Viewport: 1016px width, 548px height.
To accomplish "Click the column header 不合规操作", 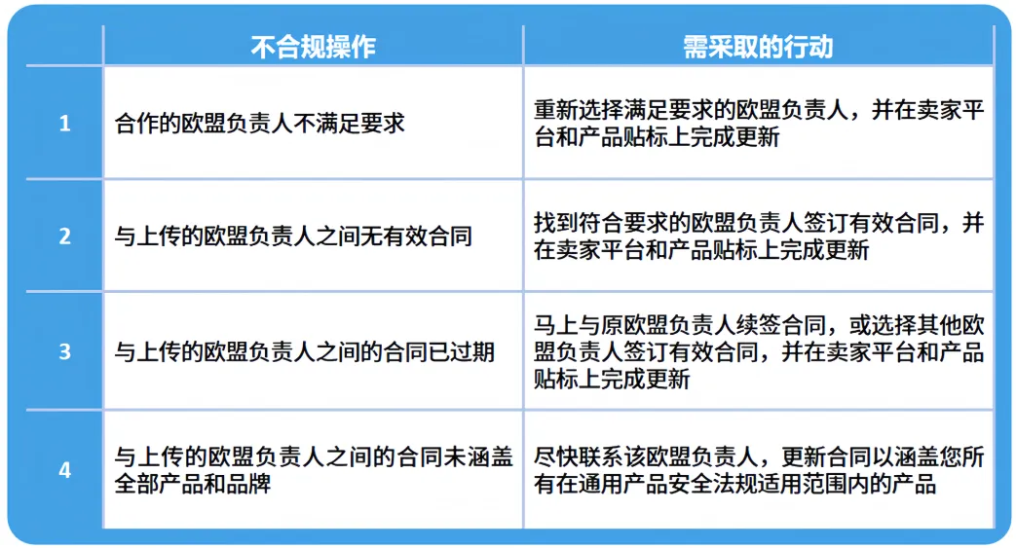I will tap(313, 47).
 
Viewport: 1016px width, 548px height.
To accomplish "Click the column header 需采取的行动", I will tap(758, 47).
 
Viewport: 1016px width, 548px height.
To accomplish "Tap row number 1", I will tap(65, 124).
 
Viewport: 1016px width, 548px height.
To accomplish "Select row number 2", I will tap(65, 237).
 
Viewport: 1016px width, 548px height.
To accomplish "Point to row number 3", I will tap(65, 350).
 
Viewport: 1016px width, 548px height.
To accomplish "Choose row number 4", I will tap(65, 470).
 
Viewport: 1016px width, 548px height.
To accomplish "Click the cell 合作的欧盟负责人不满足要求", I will tap(259, 124).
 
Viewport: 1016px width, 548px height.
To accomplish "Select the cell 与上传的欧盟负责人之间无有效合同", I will tap(293, 237).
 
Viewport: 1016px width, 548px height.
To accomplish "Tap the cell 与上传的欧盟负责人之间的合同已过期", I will tap(305, 350).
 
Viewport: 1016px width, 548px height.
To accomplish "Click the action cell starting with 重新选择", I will tap(758, 124).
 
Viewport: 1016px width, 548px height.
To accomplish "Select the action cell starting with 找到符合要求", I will tap(758, 237).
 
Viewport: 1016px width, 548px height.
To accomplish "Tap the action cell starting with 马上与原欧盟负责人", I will tap(758, 350).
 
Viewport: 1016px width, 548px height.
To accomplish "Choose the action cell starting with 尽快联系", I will tap(758, 470).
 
